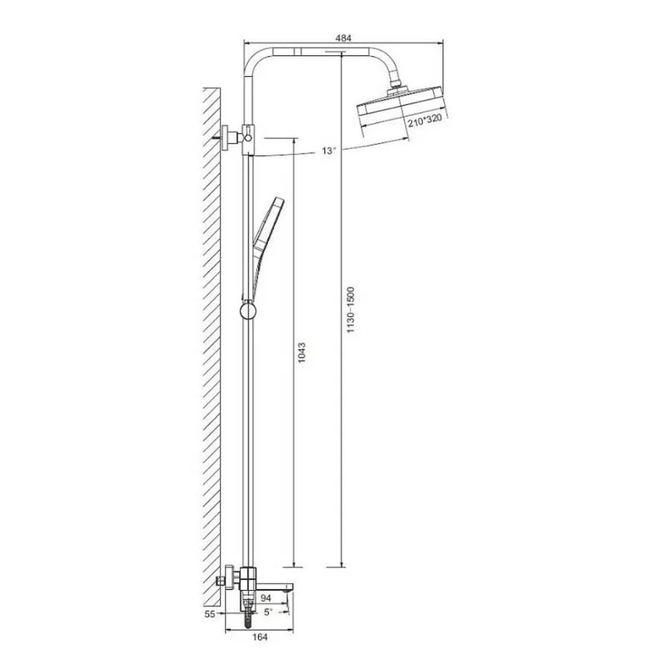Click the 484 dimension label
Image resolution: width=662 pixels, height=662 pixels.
pos(343,38)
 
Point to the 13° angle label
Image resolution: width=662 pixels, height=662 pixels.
pos(329,151)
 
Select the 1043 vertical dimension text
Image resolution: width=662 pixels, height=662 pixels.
pos(301,353)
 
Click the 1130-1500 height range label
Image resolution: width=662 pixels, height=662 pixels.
pos(351,310)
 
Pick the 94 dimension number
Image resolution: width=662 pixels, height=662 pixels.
pos(265,598)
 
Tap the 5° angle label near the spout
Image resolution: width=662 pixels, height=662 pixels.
pos(268,612)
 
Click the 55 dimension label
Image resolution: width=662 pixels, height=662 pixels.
pos(210,614)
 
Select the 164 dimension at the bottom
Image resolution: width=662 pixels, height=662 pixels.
pos(260,637)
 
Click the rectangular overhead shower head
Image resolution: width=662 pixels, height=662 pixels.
pos(401,105)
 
